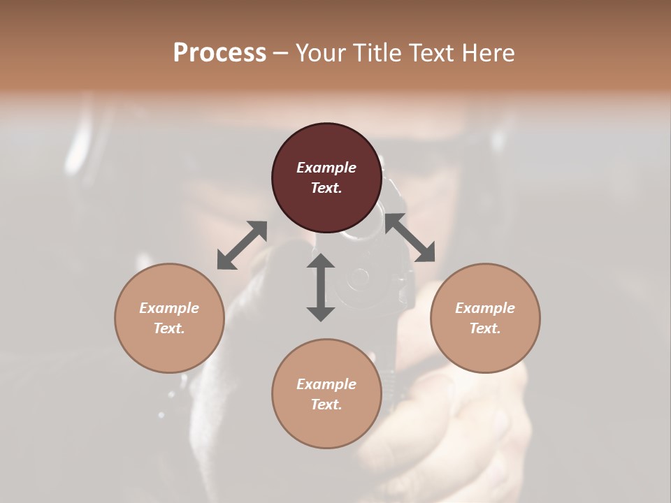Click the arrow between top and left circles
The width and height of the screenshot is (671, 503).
click(242, 245)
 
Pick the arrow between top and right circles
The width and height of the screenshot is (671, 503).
click(410, 238)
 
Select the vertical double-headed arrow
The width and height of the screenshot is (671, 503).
click(321, 287)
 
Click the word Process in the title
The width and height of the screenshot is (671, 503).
click(219, 52)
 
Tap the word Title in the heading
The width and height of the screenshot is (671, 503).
click(377, 52)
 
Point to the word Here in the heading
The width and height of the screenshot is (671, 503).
click(489, 52)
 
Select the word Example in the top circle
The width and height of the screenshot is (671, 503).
click(326, 168)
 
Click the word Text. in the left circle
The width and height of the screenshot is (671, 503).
click(169, 328)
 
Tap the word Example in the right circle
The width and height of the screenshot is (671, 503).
click(485, 308)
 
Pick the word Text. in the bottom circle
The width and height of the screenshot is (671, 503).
click(326, 404)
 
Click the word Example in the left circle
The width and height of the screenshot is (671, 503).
click(169, 308)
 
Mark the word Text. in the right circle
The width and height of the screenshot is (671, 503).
click(485, 328)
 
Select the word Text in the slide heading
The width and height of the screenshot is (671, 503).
click(432, 52)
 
